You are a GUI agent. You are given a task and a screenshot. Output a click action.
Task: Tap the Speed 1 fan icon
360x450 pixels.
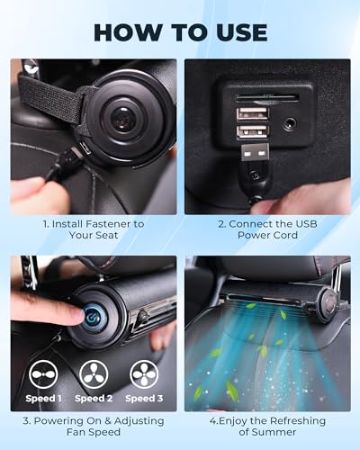(x=45, y=374)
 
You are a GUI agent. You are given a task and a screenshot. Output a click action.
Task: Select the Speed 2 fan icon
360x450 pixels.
(x=93, y=374)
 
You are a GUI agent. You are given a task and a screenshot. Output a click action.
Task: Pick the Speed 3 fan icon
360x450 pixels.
(x=144, y=374)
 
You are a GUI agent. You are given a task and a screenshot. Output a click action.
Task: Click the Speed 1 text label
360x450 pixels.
(x=45, y=398)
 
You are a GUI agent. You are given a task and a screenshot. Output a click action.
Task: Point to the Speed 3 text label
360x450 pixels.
(x=144, y=398)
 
